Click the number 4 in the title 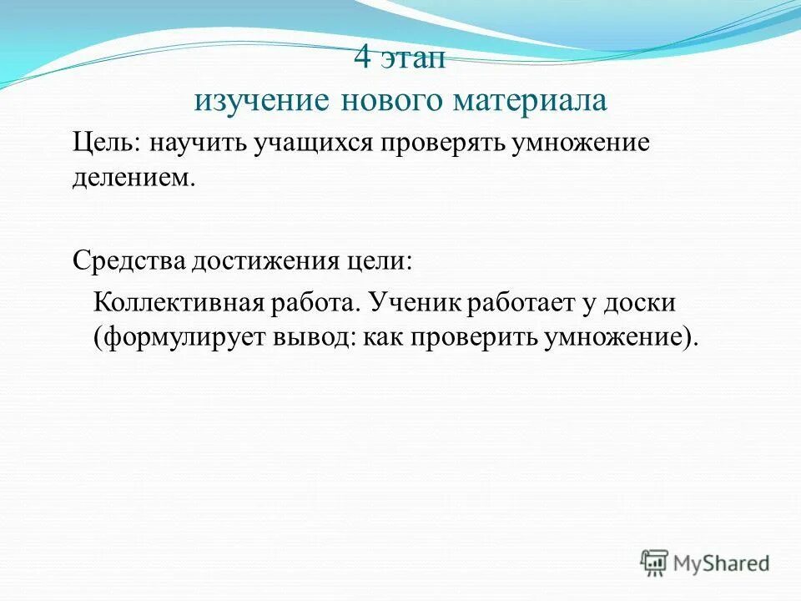coord(363,59)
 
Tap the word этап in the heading coord(414,60)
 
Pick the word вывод coord(307,338)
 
